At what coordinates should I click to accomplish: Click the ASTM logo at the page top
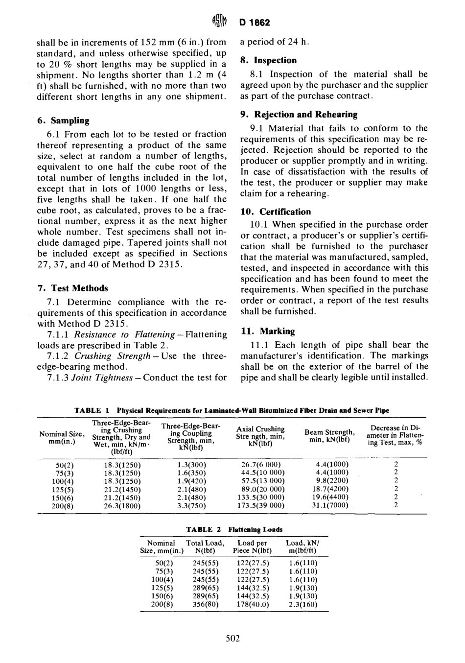coord(219,22)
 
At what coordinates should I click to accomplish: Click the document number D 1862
coord(255,23)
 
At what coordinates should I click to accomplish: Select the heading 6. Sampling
coord(63,120)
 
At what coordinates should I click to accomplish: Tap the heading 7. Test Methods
coord(72,288)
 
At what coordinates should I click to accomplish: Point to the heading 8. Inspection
coord(268,60)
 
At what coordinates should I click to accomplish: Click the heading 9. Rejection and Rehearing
coord(299,115)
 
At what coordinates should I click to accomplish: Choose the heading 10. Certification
coord(275,212)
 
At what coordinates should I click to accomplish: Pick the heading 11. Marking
coord(267,331)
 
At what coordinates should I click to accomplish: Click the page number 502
coord(232,638)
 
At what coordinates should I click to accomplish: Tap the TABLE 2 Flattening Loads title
coord(234,529)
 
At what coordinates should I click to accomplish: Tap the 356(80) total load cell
coord(206,604)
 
